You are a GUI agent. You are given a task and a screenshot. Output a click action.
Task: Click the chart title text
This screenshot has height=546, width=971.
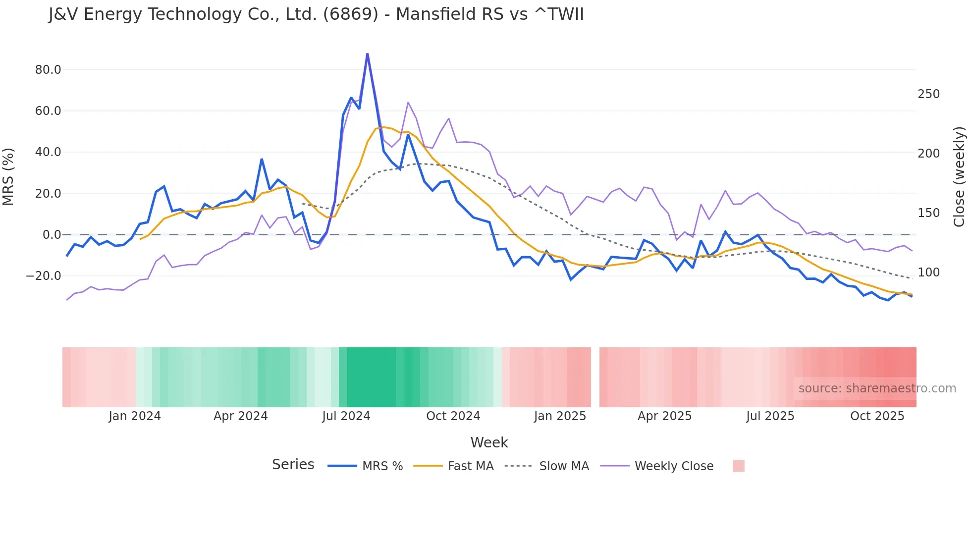316,14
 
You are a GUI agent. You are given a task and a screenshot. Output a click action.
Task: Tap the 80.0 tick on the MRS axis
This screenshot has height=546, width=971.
48,70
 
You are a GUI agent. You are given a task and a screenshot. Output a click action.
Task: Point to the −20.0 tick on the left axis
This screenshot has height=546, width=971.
44,276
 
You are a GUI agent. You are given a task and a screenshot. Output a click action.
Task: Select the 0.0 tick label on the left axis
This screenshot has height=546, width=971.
52,235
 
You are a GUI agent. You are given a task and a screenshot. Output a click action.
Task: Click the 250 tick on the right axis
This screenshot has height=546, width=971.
928,94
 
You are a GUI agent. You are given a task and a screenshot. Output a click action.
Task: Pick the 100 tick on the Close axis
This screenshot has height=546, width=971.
928,273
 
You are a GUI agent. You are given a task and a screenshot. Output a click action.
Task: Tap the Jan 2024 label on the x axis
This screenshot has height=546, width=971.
135,416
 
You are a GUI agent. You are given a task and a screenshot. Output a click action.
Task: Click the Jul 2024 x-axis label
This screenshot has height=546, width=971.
346,416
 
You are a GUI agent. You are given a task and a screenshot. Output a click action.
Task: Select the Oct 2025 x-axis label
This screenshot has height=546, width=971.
877,416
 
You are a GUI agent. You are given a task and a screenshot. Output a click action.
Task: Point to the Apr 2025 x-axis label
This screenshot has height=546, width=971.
664,416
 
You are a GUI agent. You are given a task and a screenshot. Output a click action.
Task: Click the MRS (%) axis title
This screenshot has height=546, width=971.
8,177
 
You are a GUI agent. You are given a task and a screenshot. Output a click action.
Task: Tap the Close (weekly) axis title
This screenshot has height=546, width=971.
960,177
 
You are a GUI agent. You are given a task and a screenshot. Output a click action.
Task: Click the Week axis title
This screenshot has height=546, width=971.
489,442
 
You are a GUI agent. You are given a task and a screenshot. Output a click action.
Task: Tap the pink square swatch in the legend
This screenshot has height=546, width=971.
738,466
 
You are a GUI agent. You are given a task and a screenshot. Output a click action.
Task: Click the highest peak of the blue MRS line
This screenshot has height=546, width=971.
367,54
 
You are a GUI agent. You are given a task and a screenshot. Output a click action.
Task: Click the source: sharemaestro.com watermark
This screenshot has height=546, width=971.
877,388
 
